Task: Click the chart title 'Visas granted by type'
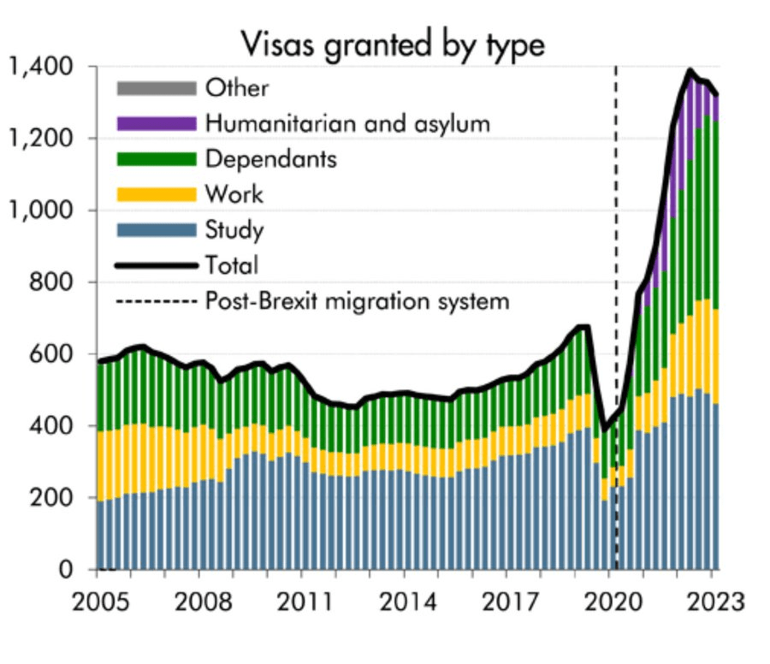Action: click(392, 42)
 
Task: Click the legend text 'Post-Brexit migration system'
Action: click(357, 301)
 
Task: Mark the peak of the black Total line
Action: click(690, 70)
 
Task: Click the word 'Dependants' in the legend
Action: click(271, 159)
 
